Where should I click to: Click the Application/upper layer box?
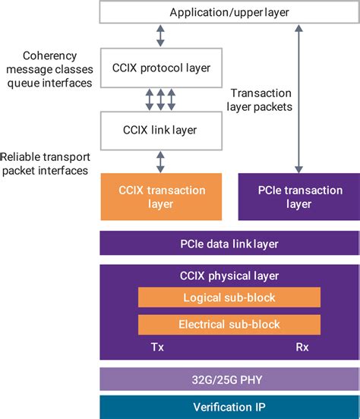click(x=229, y=13)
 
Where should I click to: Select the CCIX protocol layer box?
click(x=159, y=68)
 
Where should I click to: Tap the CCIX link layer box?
click(x=159, y=130)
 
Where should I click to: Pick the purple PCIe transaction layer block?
click(x=298, y=197)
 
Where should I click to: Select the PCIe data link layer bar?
click(x=229, y=243)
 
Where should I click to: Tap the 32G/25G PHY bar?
click(x=229, y=379)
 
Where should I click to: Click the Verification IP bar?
click(x=229, y=406)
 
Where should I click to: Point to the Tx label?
click(x=157, y=347)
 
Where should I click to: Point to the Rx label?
click(x=301, y=347)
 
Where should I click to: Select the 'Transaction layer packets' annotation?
click(x=261, y=99)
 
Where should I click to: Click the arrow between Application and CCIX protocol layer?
click(x=159, y=35)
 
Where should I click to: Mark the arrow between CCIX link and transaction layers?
click(x=159, y=160)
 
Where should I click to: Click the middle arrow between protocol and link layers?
click(x=159, y=99)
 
